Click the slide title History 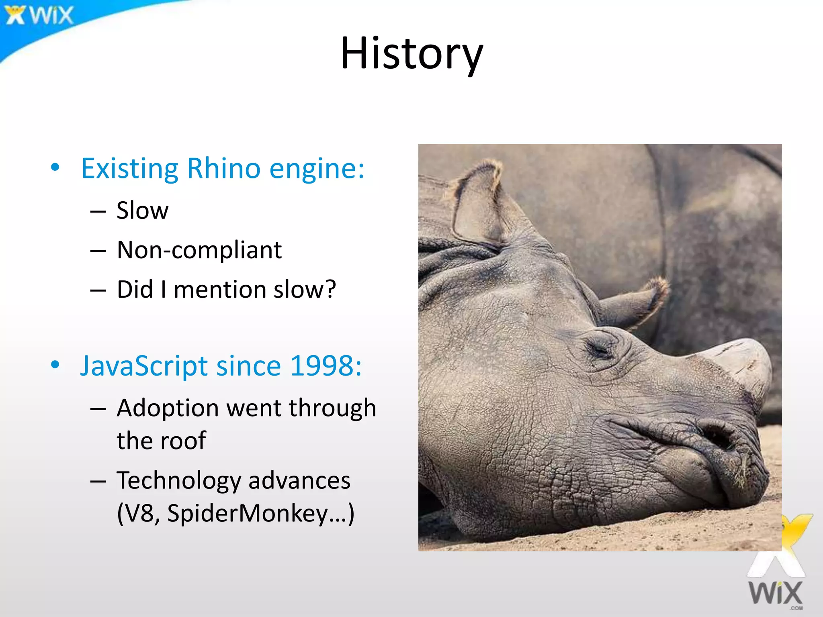click(411, 53)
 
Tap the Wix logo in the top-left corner click(39, 15)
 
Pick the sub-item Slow click(142, 210)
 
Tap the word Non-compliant click(199, 250)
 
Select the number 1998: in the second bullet click(326, 366)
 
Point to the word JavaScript click(143, 366)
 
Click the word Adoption click(168, 408)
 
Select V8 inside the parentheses click(139, 513)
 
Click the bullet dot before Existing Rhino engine click(55, 167)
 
